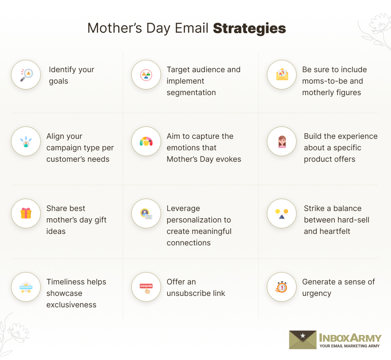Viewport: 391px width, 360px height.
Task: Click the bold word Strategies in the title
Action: [249, 28]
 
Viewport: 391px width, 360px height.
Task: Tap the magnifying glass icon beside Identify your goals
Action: [26, 75]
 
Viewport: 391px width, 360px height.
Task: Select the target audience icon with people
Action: [146, 75]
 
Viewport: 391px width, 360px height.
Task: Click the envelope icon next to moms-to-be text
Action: [282, 75]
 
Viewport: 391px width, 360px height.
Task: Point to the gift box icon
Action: [26, 213]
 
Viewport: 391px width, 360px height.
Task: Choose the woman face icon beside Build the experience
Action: [282, 141]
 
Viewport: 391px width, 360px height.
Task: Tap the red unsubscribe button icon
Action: [146, 287]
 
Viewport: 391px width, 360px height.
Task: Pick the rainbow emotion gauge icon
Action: [146, 141]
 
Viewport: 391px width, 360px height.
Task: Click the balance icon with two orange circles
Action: [282, 213]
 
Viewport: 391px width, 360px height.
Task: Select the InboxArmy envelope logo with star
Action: [303, 340]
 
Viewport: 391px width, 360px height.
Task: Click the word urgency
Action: [316, 293]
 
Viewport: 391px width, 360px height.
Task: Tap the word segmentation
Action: [191, 93]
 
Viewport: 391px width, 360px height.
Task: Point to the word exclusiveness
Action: [71, 305]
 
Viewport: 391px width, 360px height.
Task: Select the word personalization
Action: [198, 220]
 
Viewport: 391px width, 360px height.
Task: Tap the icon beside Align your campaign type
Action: [26, 141]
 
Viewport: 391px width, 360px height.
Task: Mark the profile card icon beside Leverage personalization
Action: [146, 213]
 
